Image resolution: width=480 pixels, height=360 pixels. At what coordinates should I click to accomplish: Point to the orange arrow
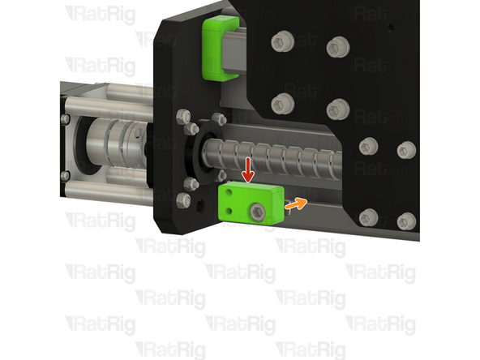click(298, 204)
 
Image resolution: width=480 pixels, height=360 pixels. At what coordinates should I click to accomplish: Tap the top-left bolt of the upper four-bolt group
click(283, 40)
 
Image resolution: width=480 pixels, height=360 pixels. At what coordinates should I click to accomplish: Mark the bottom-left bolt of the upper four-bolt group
click(283, 102)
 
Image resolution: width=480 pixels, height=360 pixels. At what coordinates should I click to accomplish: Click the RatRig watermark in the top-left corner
click(98, 13)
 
